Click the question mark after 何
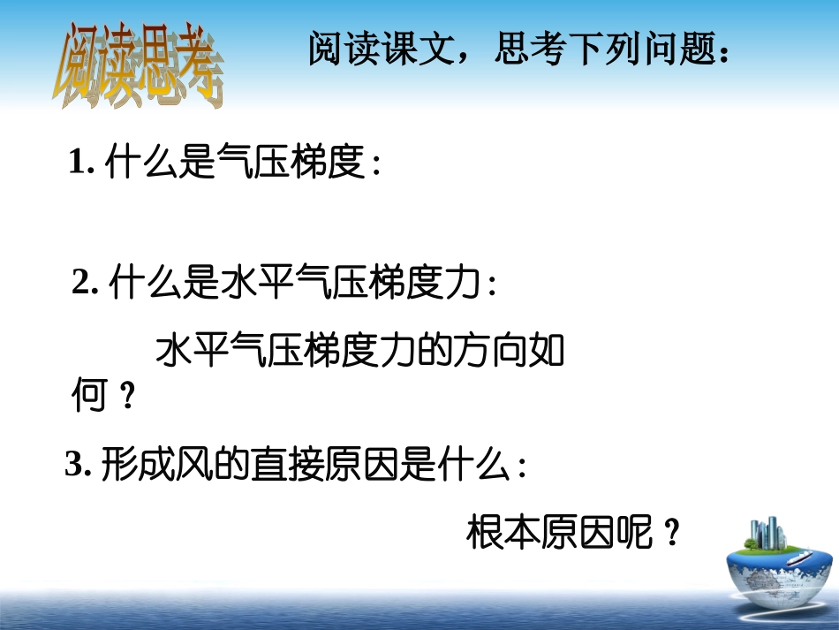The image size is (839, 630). [125, 398]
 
